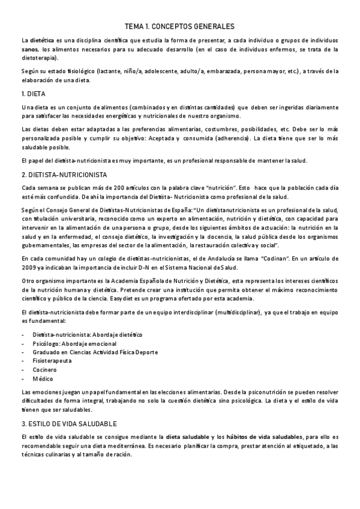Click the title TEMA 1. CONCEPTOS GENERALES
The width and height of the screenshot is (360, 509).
[x=179, y=26]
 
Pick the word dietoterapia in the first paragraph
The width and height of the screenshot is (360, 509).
[x=38, y=58]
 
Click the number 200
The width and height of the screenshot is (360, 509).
[x=125, y=187]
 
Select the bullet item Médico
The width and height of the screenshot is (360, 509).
[x=43, y=379]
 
